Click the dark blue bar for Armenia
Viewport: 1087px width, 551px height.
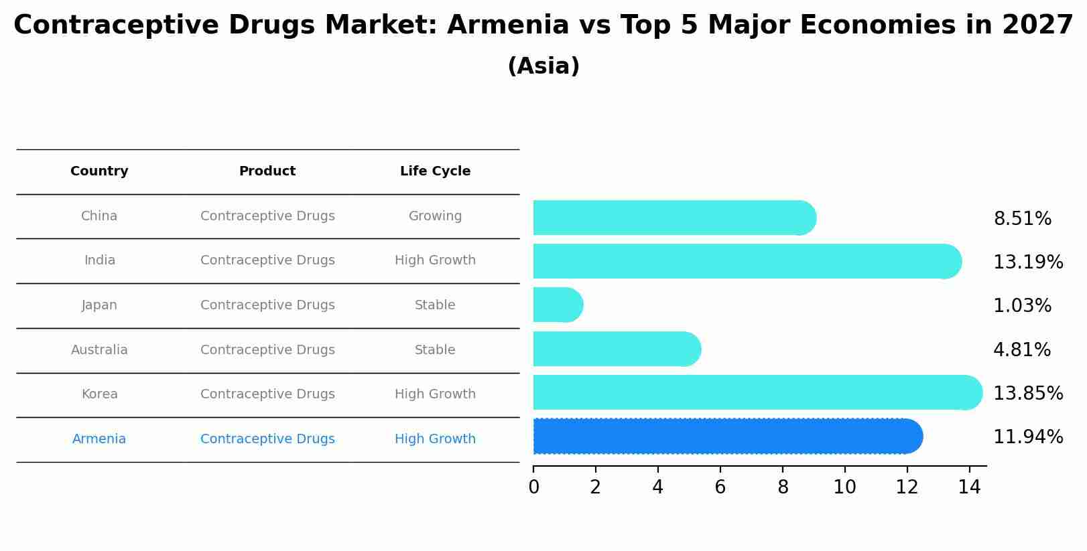[x=727, y=437]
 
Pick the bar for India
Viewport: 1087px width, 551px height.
[x=747, y=261]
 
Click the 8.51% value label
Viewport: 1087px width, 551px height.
[x=1022, y=219]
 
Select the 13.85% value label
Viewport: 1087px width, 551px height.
[x=1027, y=393]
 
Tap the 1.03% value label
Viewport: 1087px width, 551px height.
[x=1022, y=306]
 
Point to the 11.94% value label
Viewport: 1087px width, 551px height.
[x=1027, y=437]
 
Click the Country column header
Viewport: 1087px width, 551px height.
[x=99, y=171]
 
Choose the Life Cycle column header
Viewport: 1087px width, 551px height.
[x=435, y=171]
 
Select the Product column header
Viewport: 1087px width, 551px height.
[x=267, y=171]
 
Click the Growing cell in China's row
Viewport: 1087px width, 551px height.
[x=435, y=216]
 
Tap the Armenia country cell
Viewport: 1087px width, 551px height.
[x=99, y=439]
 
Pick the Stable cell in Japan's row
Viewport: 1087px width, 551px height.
[x=435, y=305]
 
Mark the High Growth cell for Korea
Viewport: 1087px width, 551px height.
[x=435, y=394]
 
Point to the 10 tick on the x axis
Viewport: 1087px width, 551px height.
[x=844, y=487]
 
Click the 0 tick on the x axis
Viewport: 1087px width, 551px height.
[x=533, y=487]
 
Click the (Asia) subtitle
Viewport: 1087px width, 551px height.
[x=543, y=66]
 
